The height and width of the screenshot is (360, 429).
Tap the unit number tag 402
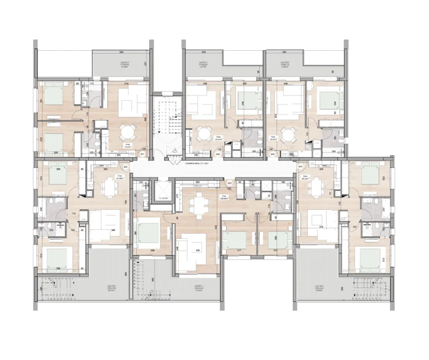point(126,166)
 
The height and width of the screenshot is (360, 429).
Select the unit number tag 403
point(230,184)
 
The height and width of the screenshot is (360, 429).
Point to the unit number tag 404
point(300,166)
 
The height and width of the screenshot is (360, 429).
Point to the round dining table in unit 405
point(289,134)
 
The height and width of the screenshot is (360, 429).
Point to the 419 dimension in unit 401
point(127,84)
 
